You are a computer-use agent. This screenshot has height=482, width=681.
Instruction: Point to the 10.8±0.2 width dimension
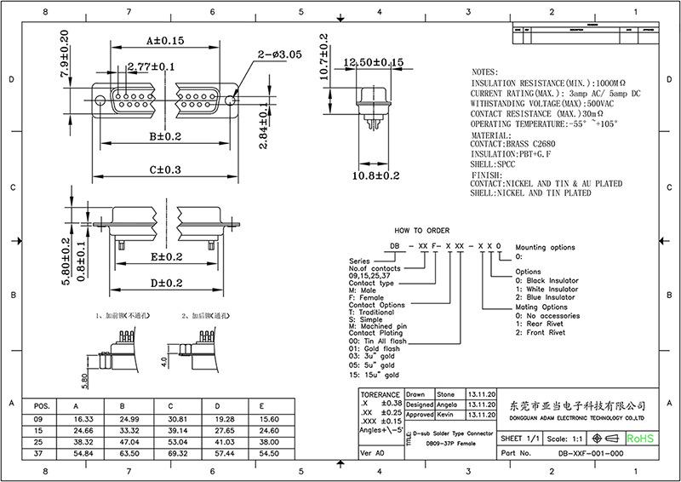pyautogui.click(x=376, y=175)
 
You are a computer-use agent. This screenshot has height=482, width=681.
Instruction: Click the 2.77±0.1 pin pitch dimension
pyautogui.click(x=151, y=66)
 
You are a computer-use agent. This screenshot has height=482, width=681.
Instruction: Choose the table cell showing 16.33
pyautogui.click(x=83, y=419)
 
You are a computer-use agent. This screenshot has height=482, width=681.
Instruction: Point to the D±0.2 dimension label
pyautogui.click(x=166, y=283)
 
